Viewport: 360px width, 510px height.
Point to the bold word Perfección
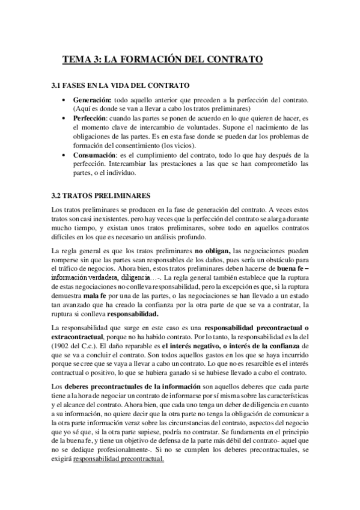click(91, 118)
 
